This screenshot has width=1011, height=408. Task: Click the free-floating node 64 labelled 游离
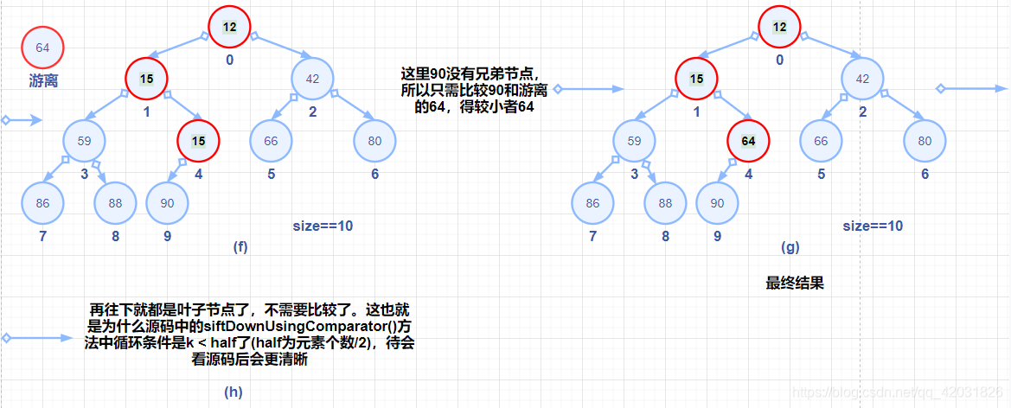[43, 48]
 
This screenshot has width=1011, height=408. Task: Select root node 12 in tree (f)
[229, 27]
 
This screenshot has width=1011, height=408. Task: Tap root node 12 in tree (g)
[779, 27]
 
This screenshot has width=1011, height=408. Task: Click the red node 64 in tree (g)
[749, 140]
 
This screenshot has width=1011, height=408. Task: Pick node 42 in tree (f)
[313, 78]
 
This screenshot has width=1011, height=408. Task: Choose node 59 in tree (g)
[635, 140]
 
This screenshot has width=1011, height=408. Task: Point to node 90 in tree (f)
[168, 202]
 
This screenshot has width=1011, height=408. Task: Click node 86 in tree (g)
[592, 204]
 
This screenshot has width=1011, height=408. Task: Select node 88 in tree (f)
[116, 204]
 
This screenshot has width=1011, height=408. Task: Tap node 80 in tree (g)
[925, 140]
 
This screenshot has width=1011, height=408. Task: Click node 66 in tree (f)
[271, 140]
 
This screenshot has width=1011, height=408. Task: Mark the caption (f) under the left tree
[240, 246]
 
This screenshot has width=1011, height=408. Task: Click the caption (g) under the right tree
[790, 246]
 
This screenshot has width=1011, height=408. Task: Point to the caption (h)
[234, 391]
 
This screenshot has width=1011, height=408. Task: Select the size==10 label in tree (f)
[323, 226]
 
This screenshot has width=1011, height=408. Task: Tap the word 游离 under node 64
[43, 81]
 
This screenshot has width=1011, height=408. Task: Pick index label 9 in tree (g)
[717, 235]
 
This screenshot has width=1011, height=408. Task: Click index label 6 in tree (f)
[374, 174]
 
